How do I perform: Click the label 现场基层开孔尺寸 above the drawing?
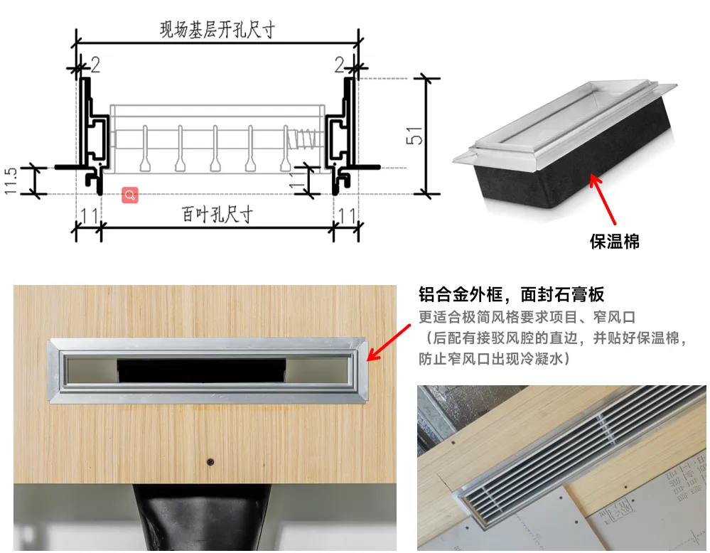[x=217, y=30]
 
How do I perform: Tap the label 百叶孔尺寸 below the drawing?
[x=217, y=214]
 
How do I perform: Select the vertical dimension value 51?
[x=414, y=136]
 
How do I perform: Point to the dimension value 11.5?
[x=11, y=181]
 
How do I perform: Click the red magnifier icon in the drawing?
[x=130, y=195]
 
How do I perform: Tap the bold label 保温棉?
[x=615, y=242]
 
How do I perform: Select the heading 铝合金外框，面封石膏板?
[x=511, y=294]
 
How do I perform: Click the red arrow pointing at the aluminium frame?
[x=389, y=343]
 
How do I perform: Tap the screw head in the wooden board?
[x=210, y=462]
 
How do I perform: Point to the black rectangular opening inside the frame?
[x=202, y=370]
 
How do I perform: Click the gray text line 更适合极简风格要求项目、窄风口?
[x=527, y=317]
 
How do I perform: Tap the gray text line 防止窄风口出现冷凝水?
[x=495, y=359]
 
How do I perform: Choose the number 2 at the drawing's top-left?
[x=95, y=65]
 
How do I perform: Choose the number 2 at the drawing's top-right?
[x=340, y=65]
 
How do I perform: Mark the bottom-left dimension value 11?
[x=89, y=215]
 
